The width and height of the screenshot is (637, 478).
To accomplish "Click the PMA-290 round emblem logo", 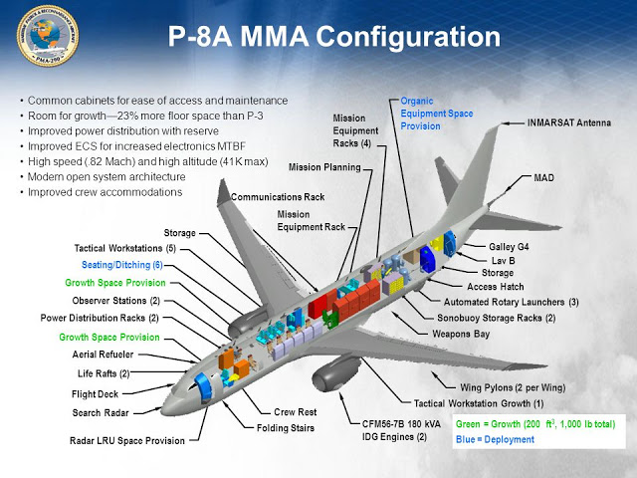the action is (x=48, y=36).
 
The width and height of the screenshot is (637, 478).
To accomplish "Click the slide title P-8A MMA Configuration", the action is (x=334, y=37).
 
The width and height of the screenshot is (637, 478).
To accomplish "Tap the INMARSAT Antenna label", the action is (x=568, y=122).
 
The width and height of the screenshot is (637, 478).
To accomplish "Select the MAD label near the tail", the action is (x=544, y=178).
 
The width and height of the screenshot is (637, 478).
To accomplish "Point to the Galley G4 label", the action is (x=509, y=247).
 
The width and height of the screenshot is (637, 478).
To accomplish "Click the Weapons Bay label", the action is (x=461, y=335).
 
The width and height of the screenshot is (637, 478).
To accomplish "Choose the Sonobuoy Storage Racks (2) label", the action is (x=497, y=318).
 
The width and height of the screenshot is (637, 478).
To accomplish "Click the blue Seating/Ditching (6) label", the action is (x=122, y=265).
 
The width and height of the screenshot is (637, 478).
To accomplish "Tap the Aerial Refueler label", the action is (x=103, y=355).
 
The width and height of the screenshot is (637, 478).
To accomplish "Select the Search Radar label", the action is (x=101, y=413).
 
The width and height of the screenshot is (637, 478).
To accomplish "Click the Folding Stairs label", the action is (x=286, y=428).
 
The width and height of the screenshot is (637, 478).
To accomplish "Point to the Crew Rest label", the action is (x=296, y=412).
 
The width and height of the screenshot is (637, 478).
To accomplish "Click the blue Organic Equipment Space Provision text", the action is (x=437, y=114).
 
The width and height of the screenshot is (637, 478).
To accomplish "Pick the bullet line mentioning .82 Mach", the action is (x=148, y=161).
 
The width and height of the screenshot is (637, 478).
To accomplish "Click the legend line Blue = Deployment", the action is (x=495, y=439).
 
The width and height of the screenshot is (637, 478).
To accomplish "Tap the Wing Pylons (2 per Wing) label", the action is (x=513, y=387).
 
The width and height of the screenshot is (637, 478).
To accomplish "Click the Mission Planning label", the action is (x=324, y=167).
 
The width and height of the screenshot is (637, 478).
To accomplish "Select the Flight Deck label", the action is (x=95, y=394).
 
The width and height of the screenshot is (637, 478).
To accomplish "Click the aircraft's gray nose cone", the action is (x=170, y=405).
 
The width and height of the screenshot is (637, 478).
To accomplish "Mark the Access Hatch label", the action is (x=496, y=287).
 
